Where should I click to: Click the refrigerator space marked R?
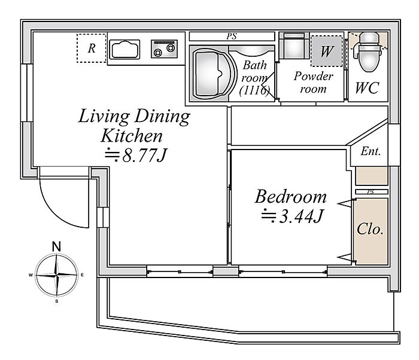pyautogui.click(x=92, y=48)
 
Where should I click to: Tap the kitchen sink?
pyautogui.click(x=125, y=49)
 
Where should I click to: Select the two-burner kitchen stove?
pyautogui.click(x=164, y=48)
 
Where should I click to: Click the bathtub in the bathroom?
pyautogui.click(x=213, y=73)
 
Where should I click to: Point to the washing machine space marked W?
pyautogui.click(x=327, y=51)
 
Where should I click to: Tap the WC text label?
pyautogui.click(x=367, y=87)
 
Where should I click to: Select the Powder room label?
pyautogui.click(x=313, y=83)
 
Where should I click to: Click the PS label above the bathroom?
pyautogui.click(x=232, y=36)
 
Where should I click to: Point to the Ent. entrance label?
pyautogui.click(x=371, y=151)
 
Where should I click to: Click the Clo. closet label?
pyautogui.click(x=370, y=229)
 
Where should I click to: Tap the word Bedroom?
pyautogui.click(x=290, y=197)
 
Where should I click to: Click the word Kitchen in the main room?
pyautogui.click(x=132, y=136)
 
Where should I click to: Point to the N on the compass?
pyautogui.click(x=56, y=246)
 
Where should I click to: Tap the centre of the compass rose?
pyautogui.click(x=56, y=274)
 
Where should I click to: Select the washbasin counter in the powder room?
pyautogui.click(x=294, y=45)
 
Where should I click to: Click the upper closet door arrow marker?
pyautogui.click(x=344, y=204)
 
